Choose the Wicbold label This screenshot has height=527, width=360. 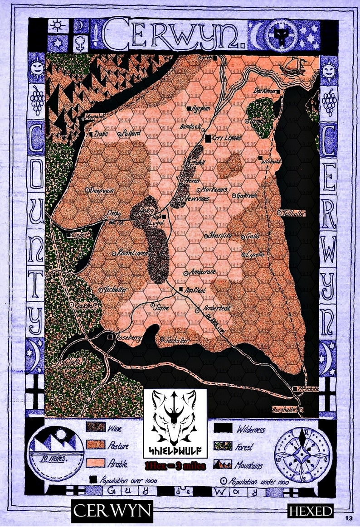pos(273,161)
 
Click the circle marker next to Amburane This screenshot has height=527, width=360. pos(186,273)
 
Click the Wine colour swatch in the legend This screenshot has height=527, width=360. pos(96,428)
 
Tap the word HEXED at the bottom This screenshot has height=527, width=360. pos(311,512)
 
